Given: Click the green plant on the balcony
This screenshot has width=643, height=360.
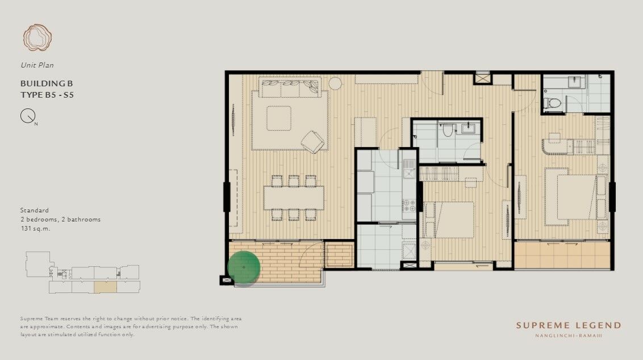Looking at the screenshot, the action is (244, 267).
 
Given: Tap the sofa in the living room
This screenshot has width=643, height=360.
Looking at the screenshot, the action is (290, 87).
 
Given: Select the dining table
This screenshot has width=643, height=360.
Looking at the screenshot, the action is (294, 198).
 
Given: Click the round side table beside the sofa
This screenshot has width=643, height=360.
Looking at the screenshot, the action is (335, 83).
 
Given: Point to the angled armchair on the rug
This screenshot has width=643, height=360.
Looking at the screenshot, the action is (313, 142).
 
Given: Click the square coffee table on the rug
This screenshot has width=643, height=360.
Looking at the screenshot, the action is (279, 118).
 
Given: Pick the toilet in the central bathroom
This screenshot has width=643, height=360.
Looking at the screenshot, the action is (448, 130).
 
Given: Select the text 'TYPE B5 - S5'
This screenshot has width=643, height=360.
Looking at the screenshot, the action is (47, 95).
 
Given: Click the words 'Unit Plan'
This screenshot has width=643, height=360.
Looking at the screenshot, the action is (37, 65).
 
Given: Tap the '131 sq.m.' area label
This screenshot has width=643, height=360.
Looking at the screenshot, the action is (35, 228).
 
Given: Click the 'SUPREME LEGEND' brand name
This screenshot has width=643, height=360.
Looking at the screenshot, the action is (569, 325).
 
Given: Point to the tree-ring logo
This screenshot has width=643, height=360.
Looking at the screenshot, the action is (37, 37).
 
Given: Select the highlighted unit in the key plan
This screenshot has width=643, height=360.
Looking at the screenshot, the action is (106, 287).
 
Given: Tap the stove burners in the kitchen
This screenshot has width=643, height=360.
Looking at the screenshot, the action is (409, 206).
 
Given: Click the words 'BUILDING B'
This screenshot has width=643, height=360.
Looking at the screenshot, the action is (47, 83).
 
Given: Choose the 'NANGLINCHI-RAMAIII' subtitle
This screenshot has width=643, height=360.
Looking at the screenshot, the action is (569, 336).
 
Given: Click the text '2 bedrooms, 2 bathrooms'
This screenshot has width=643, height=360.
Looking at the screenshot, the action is (61, 219).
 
